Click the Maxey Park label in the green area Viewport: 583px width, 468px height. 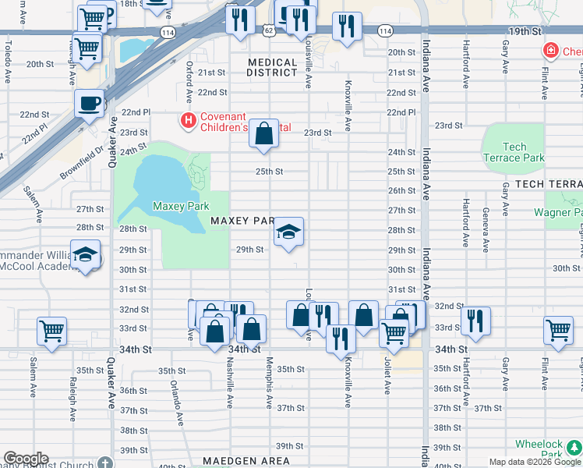coord(180,207)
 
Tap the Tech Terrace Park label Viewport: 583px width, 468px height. coord(514,152)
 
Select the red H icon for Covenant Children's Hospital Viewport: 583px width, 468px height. coord(188,120)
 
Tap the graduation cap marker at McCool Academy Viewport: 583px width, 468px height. coord(86,255)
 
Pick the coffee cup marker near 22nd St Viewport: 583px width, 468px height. coord(90,102)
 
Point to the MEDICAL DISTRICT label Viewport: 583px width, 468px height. coord(272,67)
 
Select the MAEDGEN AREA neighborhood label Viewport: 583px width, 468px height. coord(246,461)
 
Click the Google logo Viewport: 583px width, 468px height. coord(25,459)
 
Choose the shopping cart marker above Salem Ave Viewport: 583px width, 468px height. coord(51,330)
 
